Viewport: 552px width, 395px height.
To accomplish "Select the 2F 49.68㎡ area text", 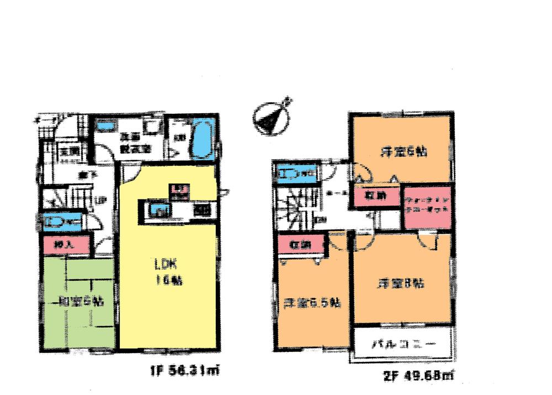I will (418, 376).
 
